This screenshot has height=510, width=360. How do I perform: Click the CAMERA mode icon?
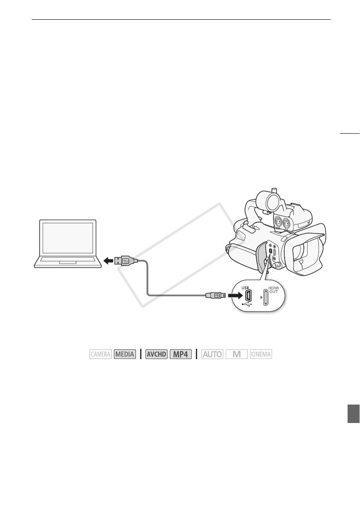pyautogui.click(x=101, y=354)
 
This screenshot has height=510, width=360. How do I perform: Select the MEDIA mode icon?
pyautogui.click(x=125, y=354)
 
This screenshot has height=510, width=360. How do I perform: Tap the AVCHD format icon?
pyautogui.click(x=156, y=354)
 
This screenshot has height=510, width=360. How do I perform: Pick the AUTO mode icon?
pyautogui.click(x=212, y=354)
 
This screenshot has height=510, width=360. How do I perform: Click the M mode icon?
pyautogui.click(x=237, y=354)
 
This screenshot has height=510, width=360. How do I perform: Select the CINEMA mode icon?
pyautogui.click(x=261, y=354)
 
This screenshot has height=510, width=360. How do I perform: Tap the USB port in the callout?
pyautogui.click(x=248, y=296)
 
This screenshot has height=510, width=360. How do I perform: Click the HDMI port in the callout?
pyautogui.click(x=266, y=298)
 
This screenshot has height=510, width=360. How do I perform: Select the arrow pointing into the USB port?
pyautogui.click(x=233, y=295)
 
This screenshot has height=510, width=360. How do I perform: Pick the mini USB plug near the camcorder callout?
pyautogui.click(x=215, y=295)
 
